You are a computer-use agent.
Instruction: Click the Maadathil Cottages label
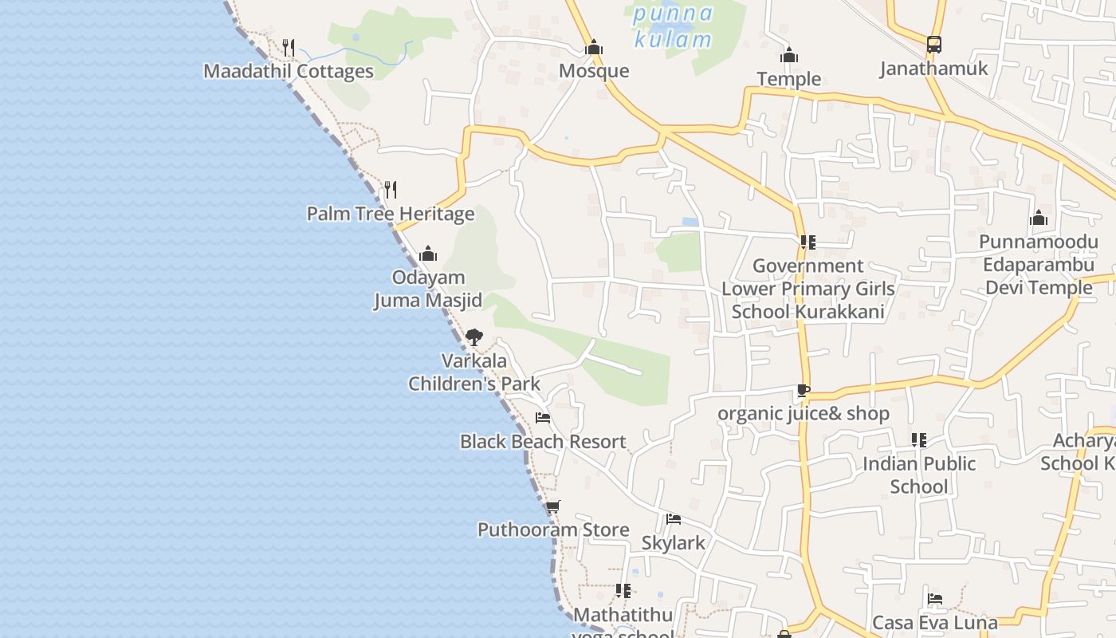[289, 71]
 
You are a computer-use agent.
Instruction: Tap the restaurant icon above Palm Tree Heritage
[390, 190]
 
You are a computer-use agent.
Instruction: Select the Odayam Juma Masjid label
[429, 289]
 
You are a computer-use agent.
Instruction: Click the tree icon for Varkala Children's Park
[474, 337]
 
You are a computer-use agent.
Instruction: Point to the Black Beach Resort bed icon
[543, 418]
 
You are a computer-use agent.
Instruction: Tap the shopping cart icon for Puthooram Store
[552, 506]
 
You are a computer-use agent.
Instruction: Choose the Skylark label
[674, 543]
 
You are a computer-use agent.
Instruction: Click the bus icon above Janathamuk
[934, 45]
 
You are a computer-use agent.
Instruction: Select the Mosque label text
[594, 71]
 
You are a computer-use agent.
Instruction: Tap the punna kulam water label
[673, 26]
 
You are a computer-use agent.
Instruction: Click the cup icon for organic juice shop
[803, 391]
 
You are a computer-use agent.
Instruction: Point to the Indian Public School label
[919, 475]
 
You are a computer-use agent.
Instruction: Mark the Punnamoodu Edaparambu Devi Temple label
[1038, 264]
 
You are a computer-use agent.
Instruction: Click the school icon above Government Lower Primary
[808, 242]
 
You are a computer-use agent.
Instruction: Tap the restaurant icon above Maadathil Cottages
[289, 47]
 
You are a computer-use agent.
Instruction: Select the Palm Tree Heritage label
[391, 214]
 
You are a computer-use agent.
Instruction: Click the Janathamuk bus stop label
[933, 69]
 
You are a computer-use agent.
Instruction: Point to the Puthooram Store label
[553, 530]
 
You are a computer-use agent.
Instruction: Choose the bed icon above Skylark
[674, 519]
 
